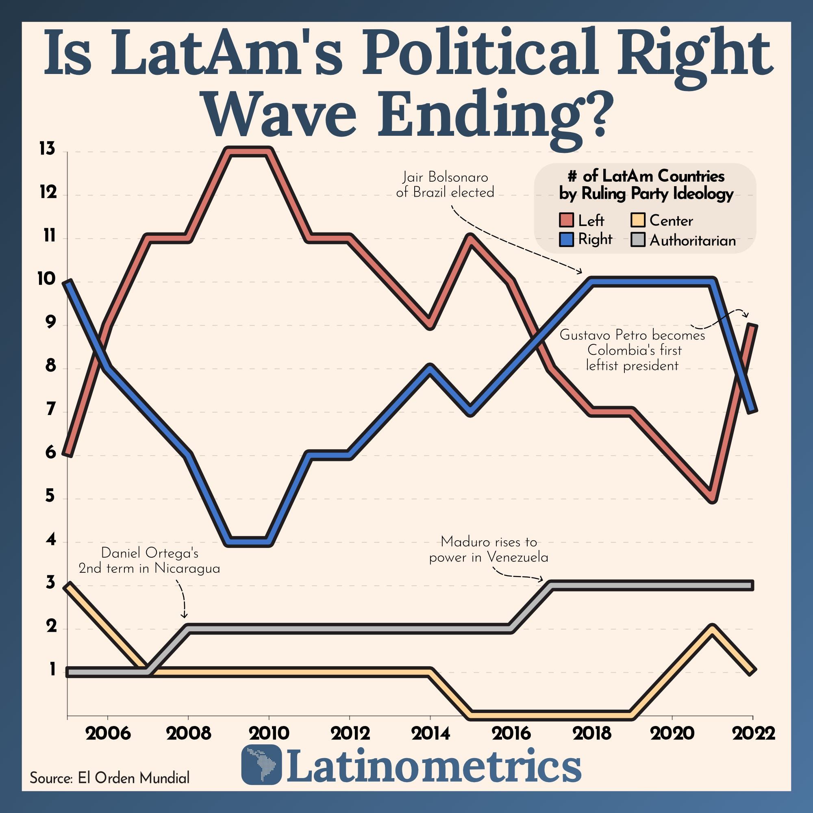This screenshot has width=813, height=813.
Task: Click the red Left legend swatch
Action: pos(566,220)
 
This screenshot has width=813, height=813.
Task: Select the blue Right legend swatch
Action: pos(566,239)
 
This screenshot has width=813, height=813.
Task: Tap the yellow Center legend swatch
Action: pos(638,220)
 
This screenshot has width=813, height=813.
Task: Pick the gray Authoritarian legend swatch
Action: pos(638,240)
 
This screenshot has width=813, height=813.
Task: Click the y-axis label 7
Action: pos(50,409)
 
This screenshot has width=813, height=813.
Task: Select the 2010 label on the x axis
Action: pos(269,733)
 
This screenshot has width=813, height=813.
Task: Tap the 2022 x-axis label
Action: pos(753,733)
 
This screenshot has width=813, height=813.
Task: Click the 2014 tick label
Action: pos(430,733)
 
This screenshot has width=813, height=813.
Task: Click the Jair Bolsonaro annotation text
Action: pos(445,185)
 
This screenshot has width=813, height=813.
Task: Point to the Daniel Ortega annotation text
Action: pos(149,560)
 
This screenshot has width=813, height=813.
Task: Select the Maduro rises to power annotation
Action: pos(489,549)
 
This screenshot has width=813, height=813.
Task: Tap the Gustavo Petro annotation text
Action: pos(632,350)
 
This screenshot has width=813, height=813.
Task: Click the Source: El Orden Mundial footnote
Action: pos(109,778)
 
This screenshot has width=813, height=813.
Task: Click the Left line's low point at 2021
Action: pos(713,499)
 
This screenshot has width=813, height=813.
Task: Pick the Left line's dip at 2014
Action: pos(430,325)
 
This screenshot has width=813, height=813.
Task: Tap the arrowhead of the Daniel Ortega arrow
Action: pos(184,616)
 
